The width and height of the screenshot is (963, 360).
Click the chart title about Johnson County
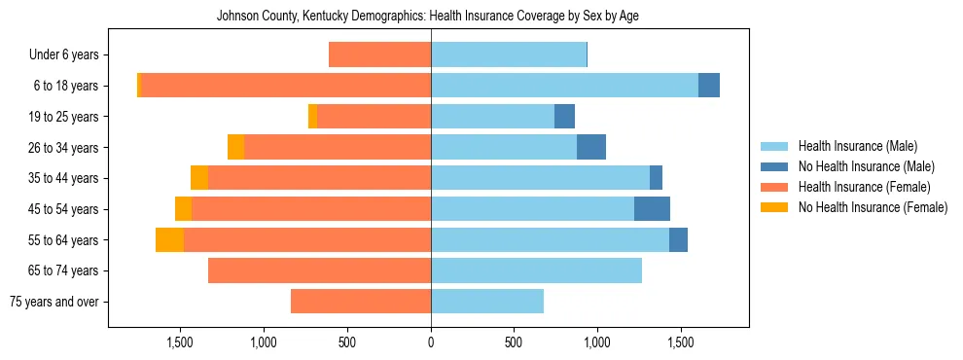(x=428, y=17)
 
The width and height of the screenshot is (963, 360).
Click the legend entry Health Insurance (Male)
(x=857, y=146)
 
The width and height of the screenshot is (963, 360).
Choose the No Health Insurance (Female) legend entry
(x=873, y=207)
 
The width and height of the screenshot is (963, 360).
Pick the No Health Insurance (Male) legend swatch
(x=774, y=166)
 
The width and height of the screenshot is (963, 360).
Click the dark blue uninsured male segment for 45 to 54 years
(x=652, y=209)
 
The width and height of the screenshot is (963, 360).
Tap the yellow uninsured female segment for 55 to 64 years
(x=169, y=240)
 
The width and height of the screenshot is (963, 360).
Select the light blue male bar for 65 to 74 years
(x=536, y=270)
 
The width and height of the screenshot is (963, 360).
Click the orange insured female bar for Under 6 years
(x=379, y=55)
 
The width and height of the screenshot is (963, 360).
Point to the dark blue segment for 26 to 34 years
(x=591, y=147)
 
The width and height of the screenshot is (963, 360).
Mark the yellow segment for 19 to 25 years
(x=312, y=117)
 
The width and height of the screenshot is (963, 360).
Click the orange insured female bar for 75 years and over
(x=361, y=302)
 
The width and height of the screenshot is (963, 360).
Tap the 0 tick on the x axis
(x=431, y=342)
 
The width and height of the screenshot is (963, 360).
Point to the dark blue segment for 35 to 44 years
(x=656, y=178)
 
